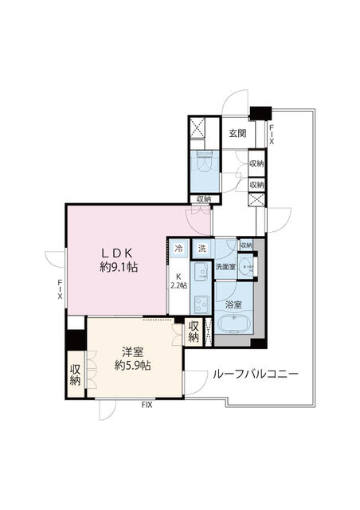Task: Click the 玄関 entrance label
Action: tap(237, 133)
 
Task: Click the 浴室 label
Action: tap(233, 303)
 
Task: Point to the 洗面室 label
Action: tap(225, 267)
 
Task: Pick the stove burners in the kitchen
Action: tap(199, 304)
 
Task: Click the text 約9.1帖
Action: tap(119, 268)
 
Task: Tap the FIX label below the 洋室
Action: tap(147, 405)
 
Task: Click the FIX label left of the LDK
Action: tap(59, 289)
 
